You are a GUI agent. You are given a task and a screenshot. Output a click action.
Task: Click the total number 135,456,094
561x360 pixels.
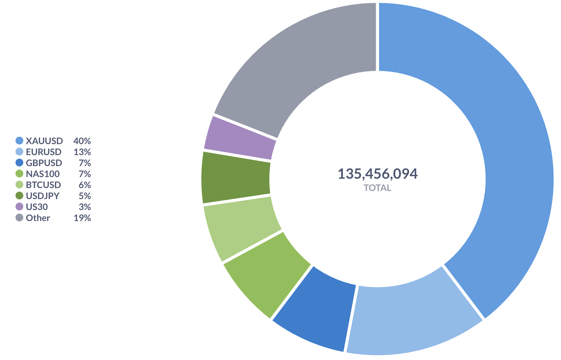[377, 174]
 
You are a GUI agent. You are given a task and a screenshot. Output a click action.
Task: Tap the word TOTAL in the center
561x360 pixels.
[377, 188]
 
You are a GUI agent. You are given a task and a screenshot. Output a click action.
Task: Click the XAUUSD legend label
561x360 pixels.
[44, 141]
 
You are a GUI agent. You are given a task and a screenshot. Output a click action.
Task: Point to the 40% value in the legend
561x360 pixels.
[82, 141]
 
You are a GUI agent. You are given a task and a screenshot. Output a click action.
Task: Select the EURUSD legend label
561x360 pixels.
[44, 152]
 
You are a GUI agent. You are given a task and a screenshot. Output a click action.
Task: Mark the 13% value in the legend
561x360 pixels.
[82, 152]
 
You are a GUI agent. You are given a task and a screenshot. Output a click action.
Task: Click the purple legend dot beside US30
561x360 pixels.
[19, 207]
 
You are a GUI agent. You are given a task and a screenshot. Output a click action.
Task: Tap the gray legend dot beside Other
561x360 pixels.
[19, 218]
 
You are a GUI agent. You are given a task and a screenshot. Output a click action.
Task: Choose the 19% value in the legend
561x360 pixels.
[82, 218]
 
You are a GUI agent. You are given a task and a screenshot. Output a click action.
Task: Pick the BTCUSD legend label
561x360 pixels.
[43, 185]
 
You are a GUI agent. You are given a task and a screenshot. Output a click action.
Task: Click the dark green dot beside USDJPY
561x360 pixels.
[19, 196]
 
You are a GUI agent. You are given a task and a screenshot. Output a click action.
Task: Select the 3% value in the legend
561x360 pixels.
[85, 207]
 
